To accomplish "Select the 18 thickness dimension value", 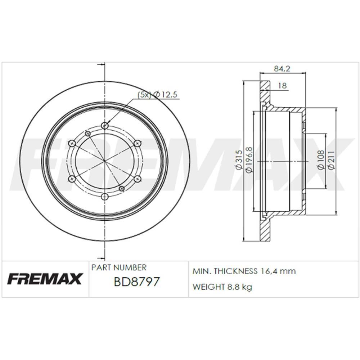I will tap(283, 85).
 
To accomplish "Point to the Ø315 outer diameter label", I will tap(238, 161).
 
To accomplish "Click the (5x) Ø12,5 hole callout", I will tap(158, 95).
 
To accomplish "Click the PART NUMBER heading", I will tap(119, 267).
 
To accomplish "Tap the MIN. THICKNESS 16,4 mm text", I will tap(244, 271).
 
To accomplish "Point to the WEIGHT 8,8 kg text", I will tap(222, 287).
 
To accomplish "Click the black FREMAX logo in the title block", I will tap(45, 279).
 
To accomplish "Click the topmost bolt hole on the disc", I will tap(105, 125).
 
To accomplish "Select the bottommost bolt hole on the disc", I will tap(105, 197).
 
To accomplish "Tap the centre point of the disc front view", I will tap(105, 161).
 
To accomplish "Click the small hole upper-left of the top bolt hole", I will tap(87, 134).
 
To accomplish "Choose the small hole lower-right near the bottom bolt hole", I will tap(122, 188).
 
